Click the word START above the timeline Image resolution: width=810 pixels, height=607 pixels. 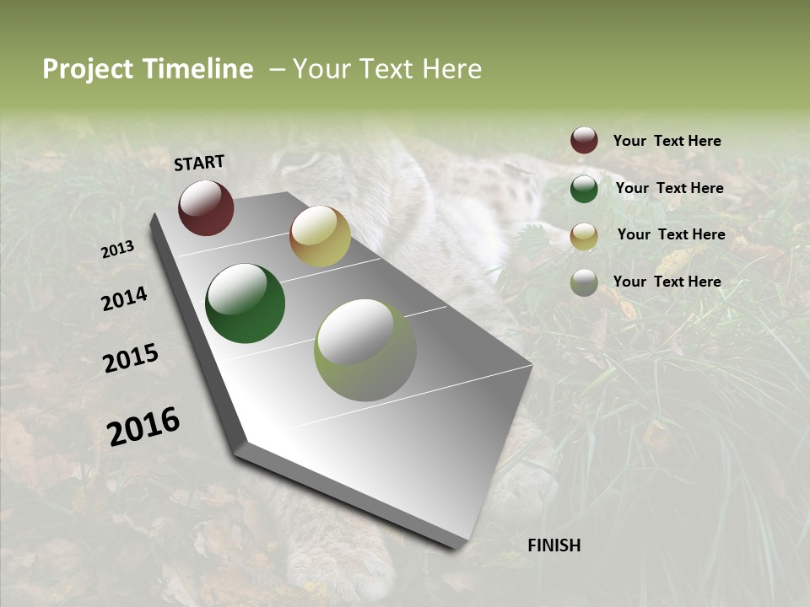click(x=199, y=163)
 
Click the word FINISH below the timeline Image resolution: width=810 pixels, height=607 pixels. click(x=553, y=545)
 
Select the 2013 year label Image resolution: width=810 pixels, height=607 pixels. click(x=118, y=250)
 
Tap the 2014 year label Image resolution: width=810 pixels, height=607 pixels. click(x=124, y=298)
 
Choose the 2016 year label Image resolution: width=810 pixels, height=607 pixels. click(x=143, y=427)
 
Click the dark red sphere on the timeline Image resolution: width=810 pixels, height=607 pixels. click(x=206, y=207)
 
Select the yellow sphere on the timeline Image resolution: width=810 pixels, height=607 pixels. click(x=320, y=236)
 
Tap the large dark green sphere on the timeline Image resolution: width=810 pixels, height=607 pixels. click(x=245, y=303)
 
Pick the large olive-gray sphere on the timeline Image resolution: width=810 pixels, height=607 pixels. click(x=365, y=350)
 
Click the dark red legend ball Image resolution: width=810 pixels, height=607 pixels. click(x=584, y=140)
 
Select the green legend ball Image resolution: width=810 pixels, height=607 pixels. click(x=584, y=188)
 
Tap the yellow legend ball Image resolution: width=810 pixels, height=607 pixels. click(x=584, y=236)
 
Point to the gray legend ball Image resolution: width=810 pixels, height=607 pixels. click(x=584, y=282)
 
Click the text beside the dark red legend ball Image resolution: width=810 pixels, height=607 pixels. click(x=667, y=141)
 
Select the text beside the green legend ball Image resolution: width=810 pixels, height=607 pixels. click(x=670, y=188)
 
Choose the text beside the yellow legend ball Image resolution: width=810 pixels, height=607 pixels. click(x=672, y=234)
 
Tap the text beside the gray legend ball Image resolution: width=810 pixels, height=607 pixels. click(x=667, y=282)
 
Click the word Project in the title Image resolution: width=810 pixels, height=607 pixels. click(x=88, y=69)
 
